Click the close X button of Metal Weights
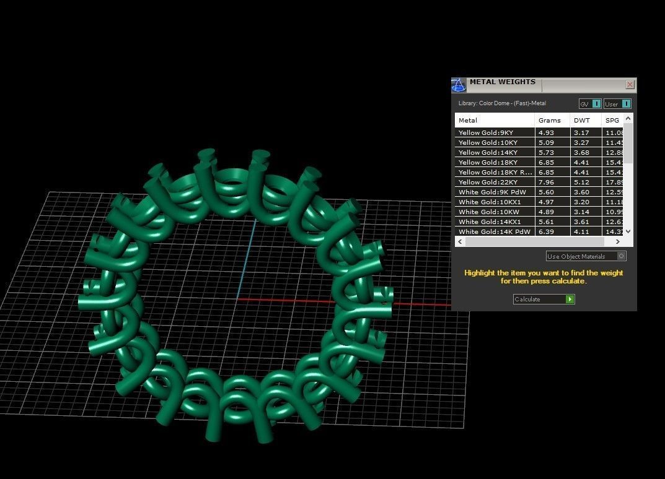pyautogui.click(x=630, y=85)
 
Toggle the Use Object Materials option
pyautogui.click(x=622, y=256)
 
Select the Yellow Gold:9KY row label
pyautogui.click(x=486, y=132)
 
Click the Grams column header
pyautogui.click(x=549, y=120)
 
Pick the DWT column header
pyautogui.click(x=581, y=120)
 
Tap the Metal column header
pyautogui.click(x=468, y=120)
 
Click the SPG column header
pyautogui.click(x=612, y=120)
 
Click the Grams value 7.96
pyautogui.click(x=545, y=182)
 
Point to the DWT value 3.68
pyautogui.click(x=581, y=152)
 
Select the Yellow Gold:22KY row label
pyautogui.click(x=488, y=182)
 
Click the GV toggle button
pyautogui.click(x=590, y=104)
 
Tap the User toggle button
pyautogui.click(x=617, y=104)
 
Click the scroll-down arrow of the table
pyautogui.click(x=628, y=231)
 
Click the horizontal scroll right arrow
pyautogui.click(x=617, y=241)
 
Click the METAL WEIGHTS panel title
pyautogui.click(x=502, y=82)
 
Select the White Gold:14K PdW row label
pyautogui.click(x=494, y=231)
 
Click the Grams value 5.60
pyautogui.click(x=545, y=192)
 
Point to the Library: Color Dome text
pyautogui.click(x=502, y=103)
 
